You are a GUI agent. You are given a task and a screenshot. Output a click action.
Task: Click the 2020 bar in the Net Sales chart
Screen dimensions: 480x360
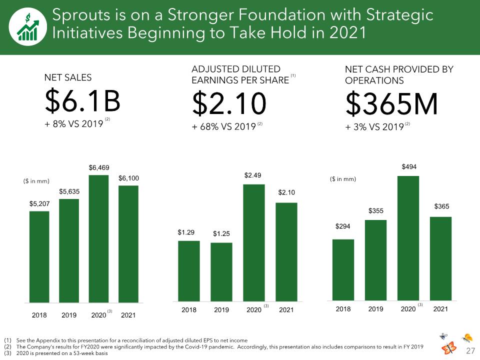(x=98, y=239)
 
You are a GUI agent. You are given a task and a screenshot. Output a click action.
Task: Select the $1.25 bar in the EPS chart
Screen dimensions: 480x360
(x=221, y=272)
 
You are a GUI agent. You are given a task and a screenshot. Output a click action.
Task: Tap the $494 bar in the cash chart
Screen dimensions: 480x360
(x=408, y=238)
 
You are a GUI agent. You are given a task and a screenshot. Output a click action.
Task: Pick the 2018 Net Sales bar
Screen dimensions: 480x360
(x=39, y=257)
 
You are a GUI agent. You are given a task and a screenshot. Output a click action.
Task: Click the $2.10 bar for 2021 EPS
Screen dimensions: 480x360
(x=286, y=252)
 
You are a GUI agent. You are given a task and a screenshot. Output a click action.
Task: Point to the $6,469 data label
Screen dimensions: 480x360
(x=99, y=168)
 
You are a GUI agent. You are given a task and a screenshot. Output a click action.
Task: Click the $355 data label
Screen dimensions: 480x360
(x=376, y=211)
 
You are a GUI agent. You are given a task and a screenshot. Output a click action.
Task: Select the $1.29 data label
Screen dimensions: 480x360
(x=186, y=232)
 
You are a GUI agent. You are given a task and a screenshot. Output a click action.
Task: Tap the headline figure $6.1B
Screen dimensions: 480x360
(x=82, y=101)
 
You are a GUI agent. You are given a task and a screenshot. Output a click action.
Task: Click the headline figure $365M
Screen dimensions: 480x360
(x=391, y=103)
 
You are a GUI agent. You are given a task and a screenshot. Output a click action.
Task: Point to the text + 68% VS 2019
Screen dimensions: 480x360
(x=224, y=126)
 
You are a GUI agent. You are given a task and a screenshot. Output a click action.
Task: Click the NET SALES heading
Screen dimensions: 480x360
(x=68, y=77)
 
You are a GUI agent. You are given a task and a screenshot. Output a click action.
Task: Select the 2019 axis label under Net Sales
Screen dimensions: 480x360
(x=69, y=315)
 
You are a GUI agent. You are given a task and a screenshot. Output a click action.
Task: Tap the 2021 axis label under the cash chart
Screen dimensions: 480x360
(x=440, y=309)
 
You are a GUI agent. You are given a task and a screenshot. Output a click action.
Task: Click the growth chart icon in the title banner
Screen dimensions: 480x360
(x=28, y=27)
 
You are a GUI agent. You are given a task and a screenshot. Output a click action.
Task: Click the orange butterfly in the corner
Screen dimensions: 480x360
(x=449, y=348)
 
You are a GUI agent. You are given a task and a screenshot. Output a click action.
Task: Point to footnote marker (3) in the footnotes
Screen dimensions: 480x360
(x=7, y=353)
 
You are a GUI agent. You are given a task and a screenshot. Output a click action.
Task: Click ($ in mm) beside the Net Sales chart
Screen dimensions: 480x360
(x=36, y=181)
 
